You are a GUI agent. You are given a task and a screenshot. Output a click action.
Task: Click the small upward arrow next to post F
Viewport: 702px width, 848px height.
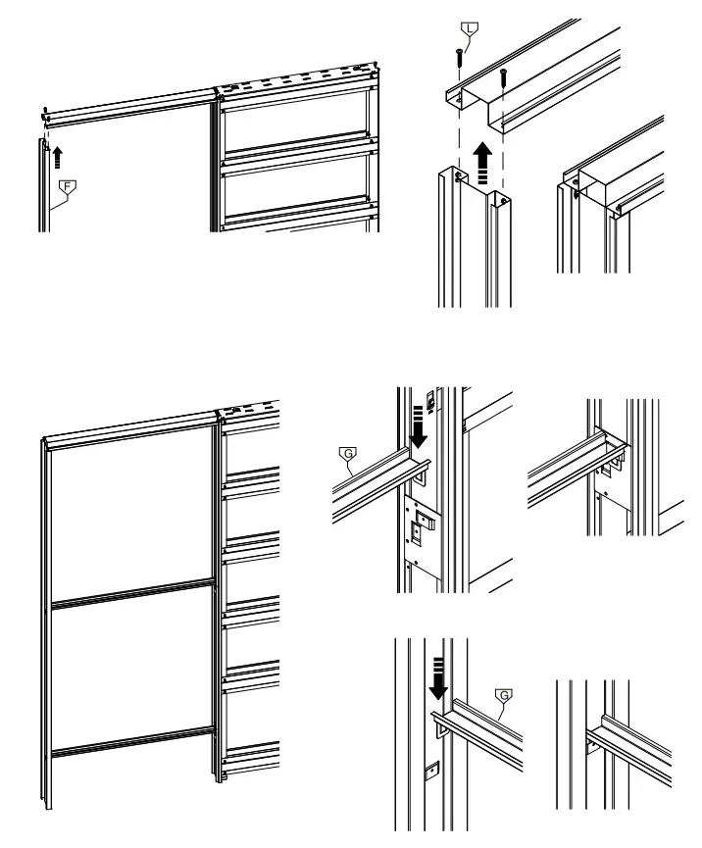point(58,153)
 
